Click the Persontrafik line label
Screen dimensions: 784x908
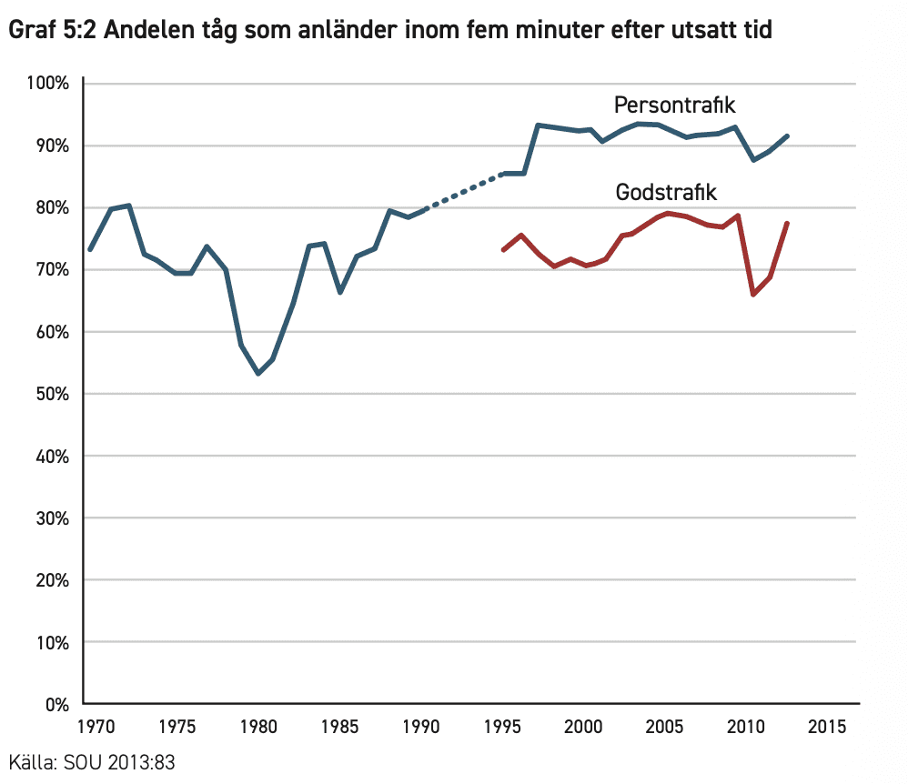pyautogui.click(x=674, y=105)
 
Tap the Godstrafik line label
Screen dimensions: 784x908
pyautogui.click(x=667, y=193)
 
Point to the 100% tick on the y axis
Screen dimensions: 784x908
pyautogui.click(x=48, y=84)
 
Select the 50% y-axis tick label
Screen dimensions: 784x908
pyautogui.click(x=51, y=394)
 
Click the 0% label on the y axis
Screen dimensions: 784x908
pyautogui.click(x=57, y=704)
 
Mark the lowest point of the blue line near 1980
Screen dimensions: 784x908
pyautogui.click(x=258, y=373)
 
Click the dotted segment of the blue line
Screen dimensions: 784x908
pyautogui.click(x=464, y=191)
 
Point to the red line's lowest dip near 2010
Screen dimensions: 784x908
pyautogui.click(x=753, y=294)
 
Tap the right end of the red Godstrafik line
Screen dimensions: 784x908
pyautogui.click(x=787, y=224)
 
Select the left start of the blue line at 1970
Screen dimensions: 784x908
pyautogui.click(x=89, y=249)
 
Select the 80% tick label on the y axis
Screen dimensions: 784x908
pyautogui.click(x=51, y=207)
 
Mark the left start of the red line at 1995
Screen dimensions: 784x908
pyautogui.click(x=503, y=249)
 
